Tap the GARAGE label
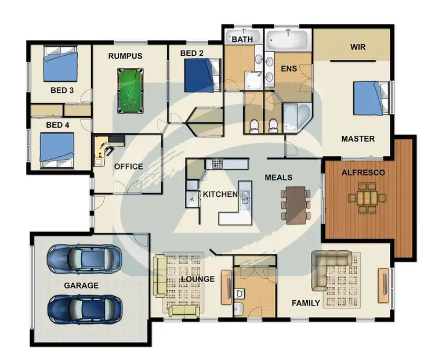(81, 285)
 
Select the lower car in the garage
(84, 308)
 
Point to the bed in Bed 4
(57, 149)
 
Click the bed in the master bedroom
(371, 98)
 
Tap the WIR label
(358, 46)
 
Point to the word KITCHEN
(219, 194)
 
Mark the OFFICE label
(128, 167)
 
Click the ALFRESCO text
(363, 172)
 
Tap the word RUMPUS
(125, 56)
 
